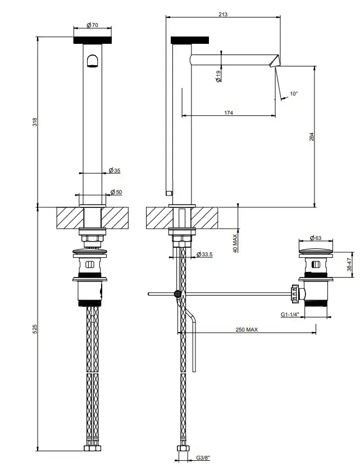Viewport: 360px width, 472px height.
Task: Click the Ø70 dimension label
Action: coord(92,25)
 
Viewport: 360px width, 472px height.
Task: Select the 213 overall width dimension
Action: coord(223,14)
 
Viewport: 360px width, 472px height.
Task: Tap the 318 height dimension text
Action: coord(35,122)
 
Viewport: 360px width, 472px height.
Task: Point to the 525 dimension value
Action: coord(35,329)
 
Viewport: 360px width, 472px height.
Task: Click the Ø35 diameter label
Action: coord(114,171)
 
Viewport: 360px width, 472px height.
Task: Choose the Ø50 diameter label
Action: coord(116,192)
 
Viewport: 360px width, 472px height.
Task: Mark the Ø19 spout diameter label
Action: coord(218,75)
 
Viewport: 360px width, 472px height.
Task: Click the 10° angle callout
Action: coord(294,94)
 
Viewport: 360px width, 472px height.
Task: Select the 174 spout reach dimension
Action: coord(229,113)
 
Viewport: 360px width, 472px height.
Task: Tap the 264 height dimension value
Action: coord(312,137)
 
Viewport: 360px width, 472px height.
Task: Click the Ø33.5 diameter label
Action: coord(204,255)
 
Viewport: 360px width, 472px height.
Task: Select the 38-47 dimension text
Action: coord(349,264)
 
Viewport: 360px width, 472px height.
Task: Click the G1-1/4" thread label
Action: coord(290,315)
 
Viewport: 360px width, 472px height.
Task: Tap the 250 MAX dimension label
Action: coord(247,330)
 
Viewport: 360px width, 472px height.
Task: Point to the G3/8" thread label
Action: coord(203,466)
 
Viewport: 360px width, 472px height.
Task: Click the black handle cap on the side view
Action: coord(190,40)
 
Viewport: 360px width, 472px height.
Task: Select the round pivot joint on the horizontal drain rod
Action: coord(177,293)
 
